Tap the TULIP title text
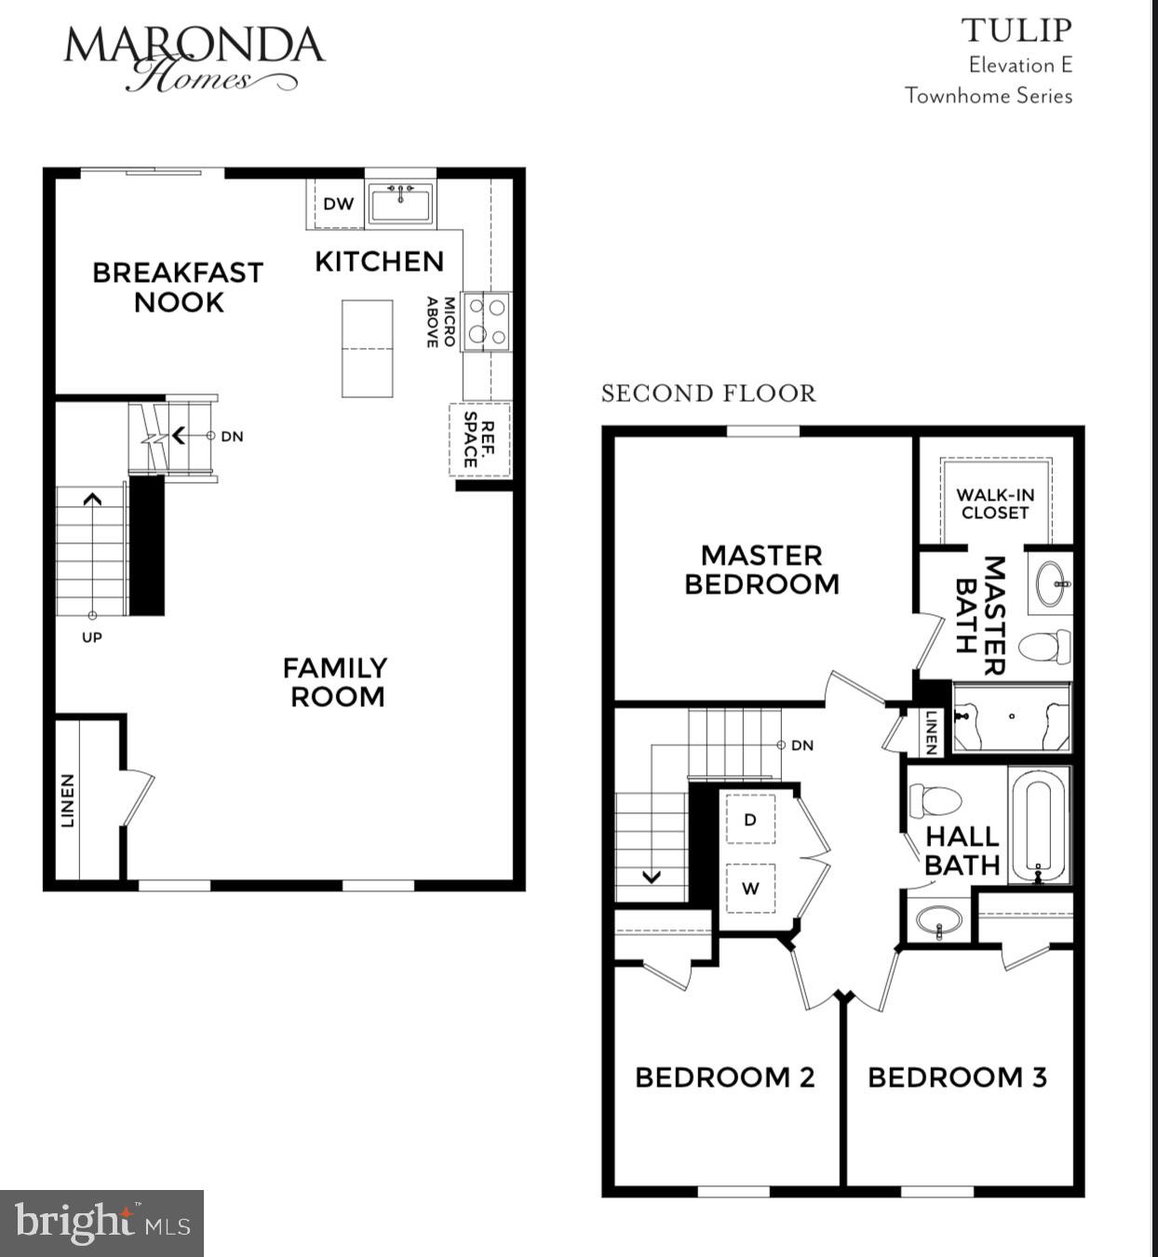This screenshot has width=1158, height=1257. point(1017,31)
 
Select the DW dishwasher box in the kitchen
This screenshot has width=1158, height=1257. point(338,204)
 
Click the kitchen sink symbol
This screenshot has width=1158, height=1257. point(400,203)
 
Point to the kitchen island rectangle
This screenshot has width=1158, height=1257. point(367,349)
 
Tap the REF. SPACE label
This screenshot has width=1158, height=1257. point(480,439)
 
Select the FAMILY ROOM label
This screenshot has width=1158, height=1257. point(335,682)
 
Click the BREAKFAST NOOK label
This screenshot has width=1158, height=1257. point(178,287)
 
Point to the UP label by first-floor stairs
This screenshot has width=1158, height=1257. point(91,637)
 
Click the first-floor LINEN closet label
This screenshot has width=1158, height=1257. point(68,800)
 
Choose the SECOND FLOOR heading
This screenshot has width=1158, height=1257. point(708,394)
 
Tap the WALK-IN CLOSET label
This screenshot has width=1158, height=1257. point(995,503)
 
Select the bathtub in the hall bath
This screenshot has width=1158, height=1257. point(1038,823)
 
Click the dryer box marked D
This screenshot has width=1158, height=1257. point(750,820)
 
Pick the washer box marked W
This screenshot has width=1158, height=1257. point(750,889)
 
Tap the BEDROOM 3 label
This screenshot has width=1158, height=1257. point(957,1077)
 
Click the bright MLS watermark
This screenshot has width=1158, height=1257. point(101,1223)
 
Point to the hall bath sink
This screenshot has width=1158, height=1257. point(938,921)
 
